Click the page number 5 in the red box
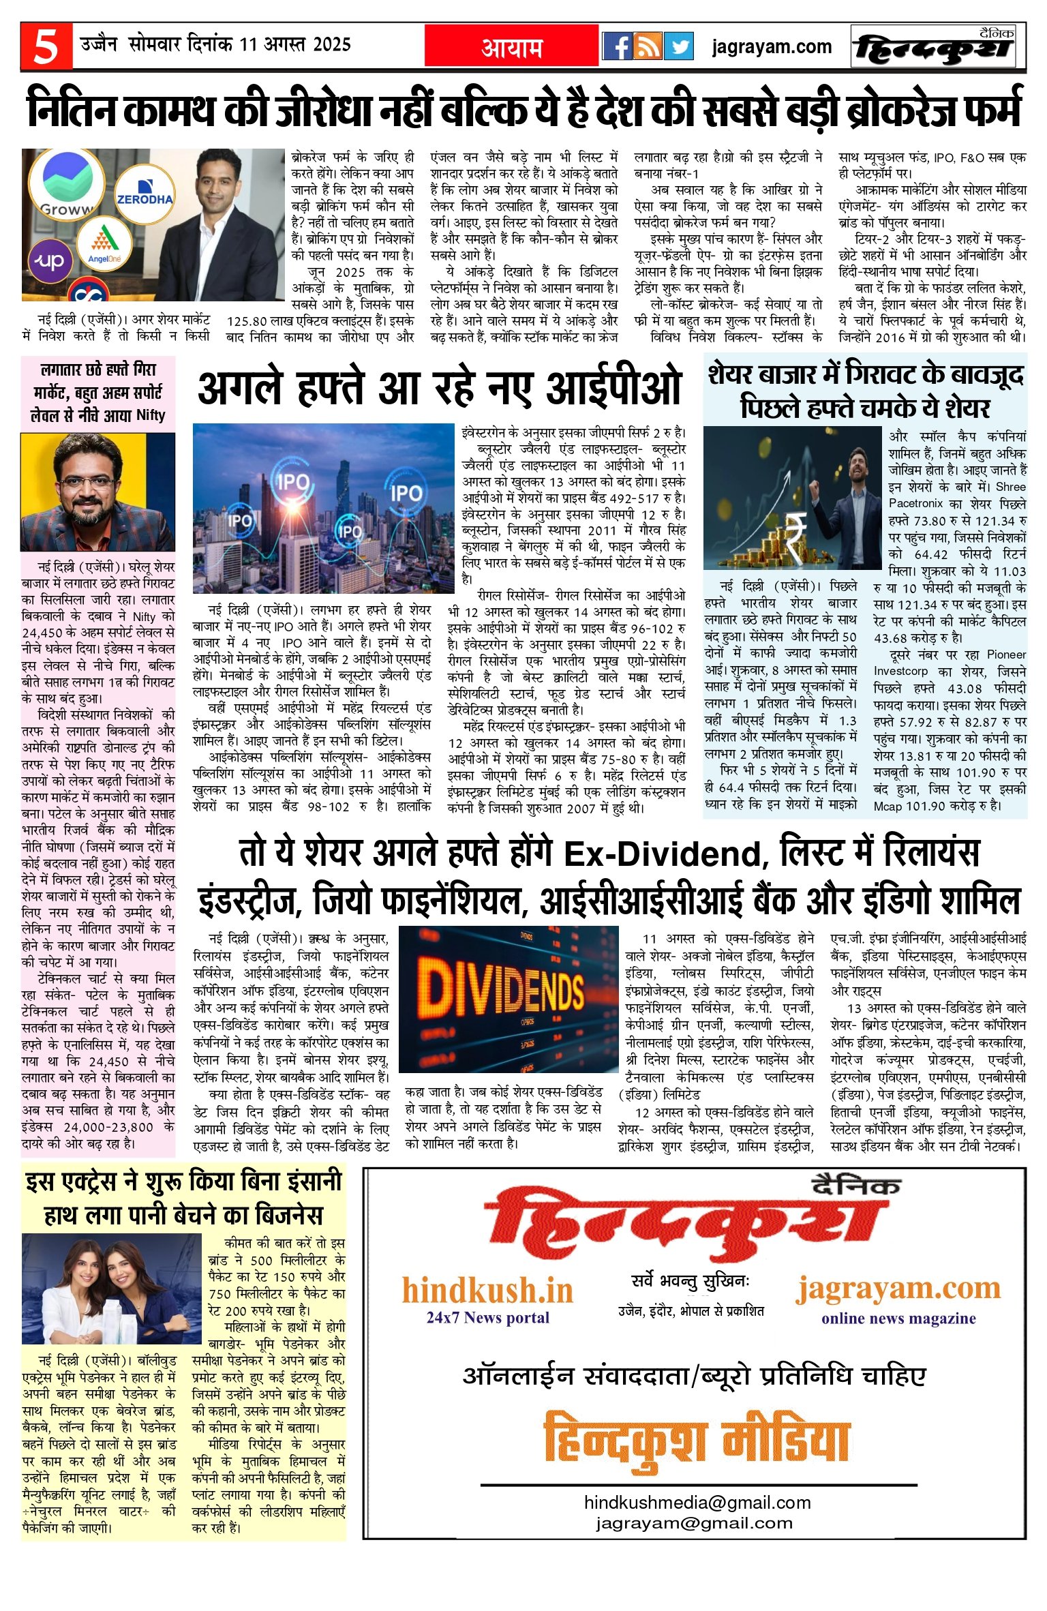coord(46,46)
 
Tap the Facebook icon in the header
coord(617,46)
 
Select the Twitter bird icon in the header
coord(678,46)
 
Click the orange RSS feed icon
coord(648,46)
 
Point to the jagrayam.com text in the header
coord(772,46)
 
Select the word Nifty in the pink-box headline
coord(151,415)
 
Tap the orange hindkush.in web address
coord(487,1291)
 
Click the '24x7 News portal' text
coord(487,1317)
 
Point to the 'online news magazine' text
coord(898,1318)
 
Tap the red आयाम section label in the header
coord(512,47)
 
